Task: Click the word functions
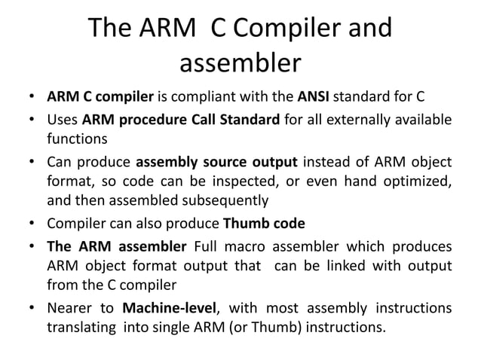(x=76, y=139)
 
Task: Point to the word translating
(x=81, y=328)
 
